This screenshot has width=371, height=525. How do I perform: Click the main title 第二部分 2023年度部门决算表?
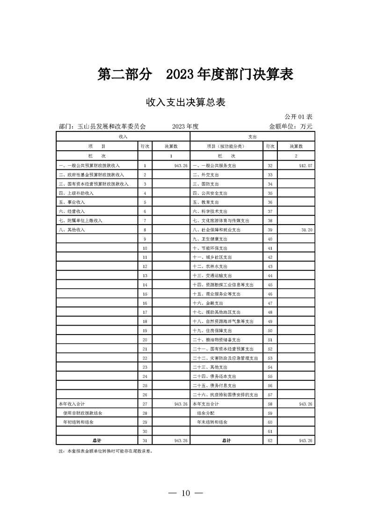point(196,74)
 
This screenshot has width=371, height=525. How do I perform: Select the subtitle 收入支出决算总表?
point(186,102)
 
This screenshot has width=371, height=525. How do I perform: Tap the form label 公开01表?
point(298,116)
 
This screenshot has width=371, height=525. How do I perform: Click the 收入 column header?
point(123,136)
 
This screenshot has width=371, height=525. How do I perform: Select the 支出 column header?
point(253,136)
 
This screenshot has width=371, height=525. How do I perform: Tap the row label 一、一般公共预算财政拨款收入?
point(89,166)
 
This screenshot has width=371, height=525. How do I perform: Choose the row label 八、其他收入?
point(71,230)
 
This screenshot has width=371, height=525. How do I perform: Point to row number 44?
point(270,276)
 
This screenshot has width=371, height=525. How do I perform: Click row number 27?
point(145,403)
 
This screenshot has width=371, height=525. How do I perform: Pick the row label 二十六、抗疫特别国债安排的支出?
point(226,394)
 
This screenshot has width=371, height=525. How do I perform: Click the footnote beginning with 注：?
point(106,452)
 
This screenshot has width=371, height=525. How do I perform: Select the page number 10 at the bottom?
point(186,493)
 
